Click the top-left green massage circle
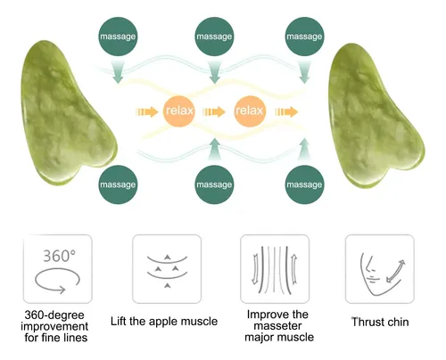(x=118, y=37)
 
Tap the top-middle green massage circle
(x=214, y=37)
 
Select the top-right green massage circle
(x=304, y=37)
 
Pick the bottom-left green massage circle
(x=118, y=184)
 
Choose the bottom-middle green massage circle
(x=214, y=184)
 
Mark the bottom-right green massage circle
(x=304, y=184)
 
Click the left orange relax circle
(x=179, y=110)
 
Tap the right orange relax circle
(x=250, y=110)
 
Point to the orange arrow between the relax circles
(x=214, y=111)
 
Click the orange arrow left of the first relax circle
(x=147, y=111)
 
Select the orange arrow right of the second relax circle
(x=286, y=111)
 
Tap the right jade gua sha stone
(x=376, y=118)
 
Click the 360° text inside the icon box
(x=59, y=256)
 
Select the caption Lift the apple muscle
(x=164, y=321)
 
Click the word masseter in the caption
(x=277, y=326)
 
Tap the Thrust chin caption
(x=380, y=322)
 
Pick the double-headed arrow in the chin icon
(x=395, y=271)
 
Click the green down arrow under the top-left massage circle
(x=118, y=72)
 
